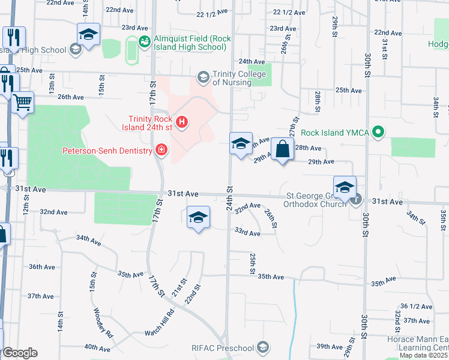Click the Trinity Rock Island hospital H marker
[x=181, y=124]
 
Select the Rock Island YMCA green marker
[x=378, y=131]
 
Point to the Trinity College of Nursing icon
[x=203, y=77]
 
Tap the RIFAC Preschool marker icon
[x=262, y=347]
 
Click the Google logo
[x=19, y=353]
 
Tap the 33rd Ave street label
[x=247, y=232]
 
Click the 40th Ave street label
[x=97, y=347]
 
